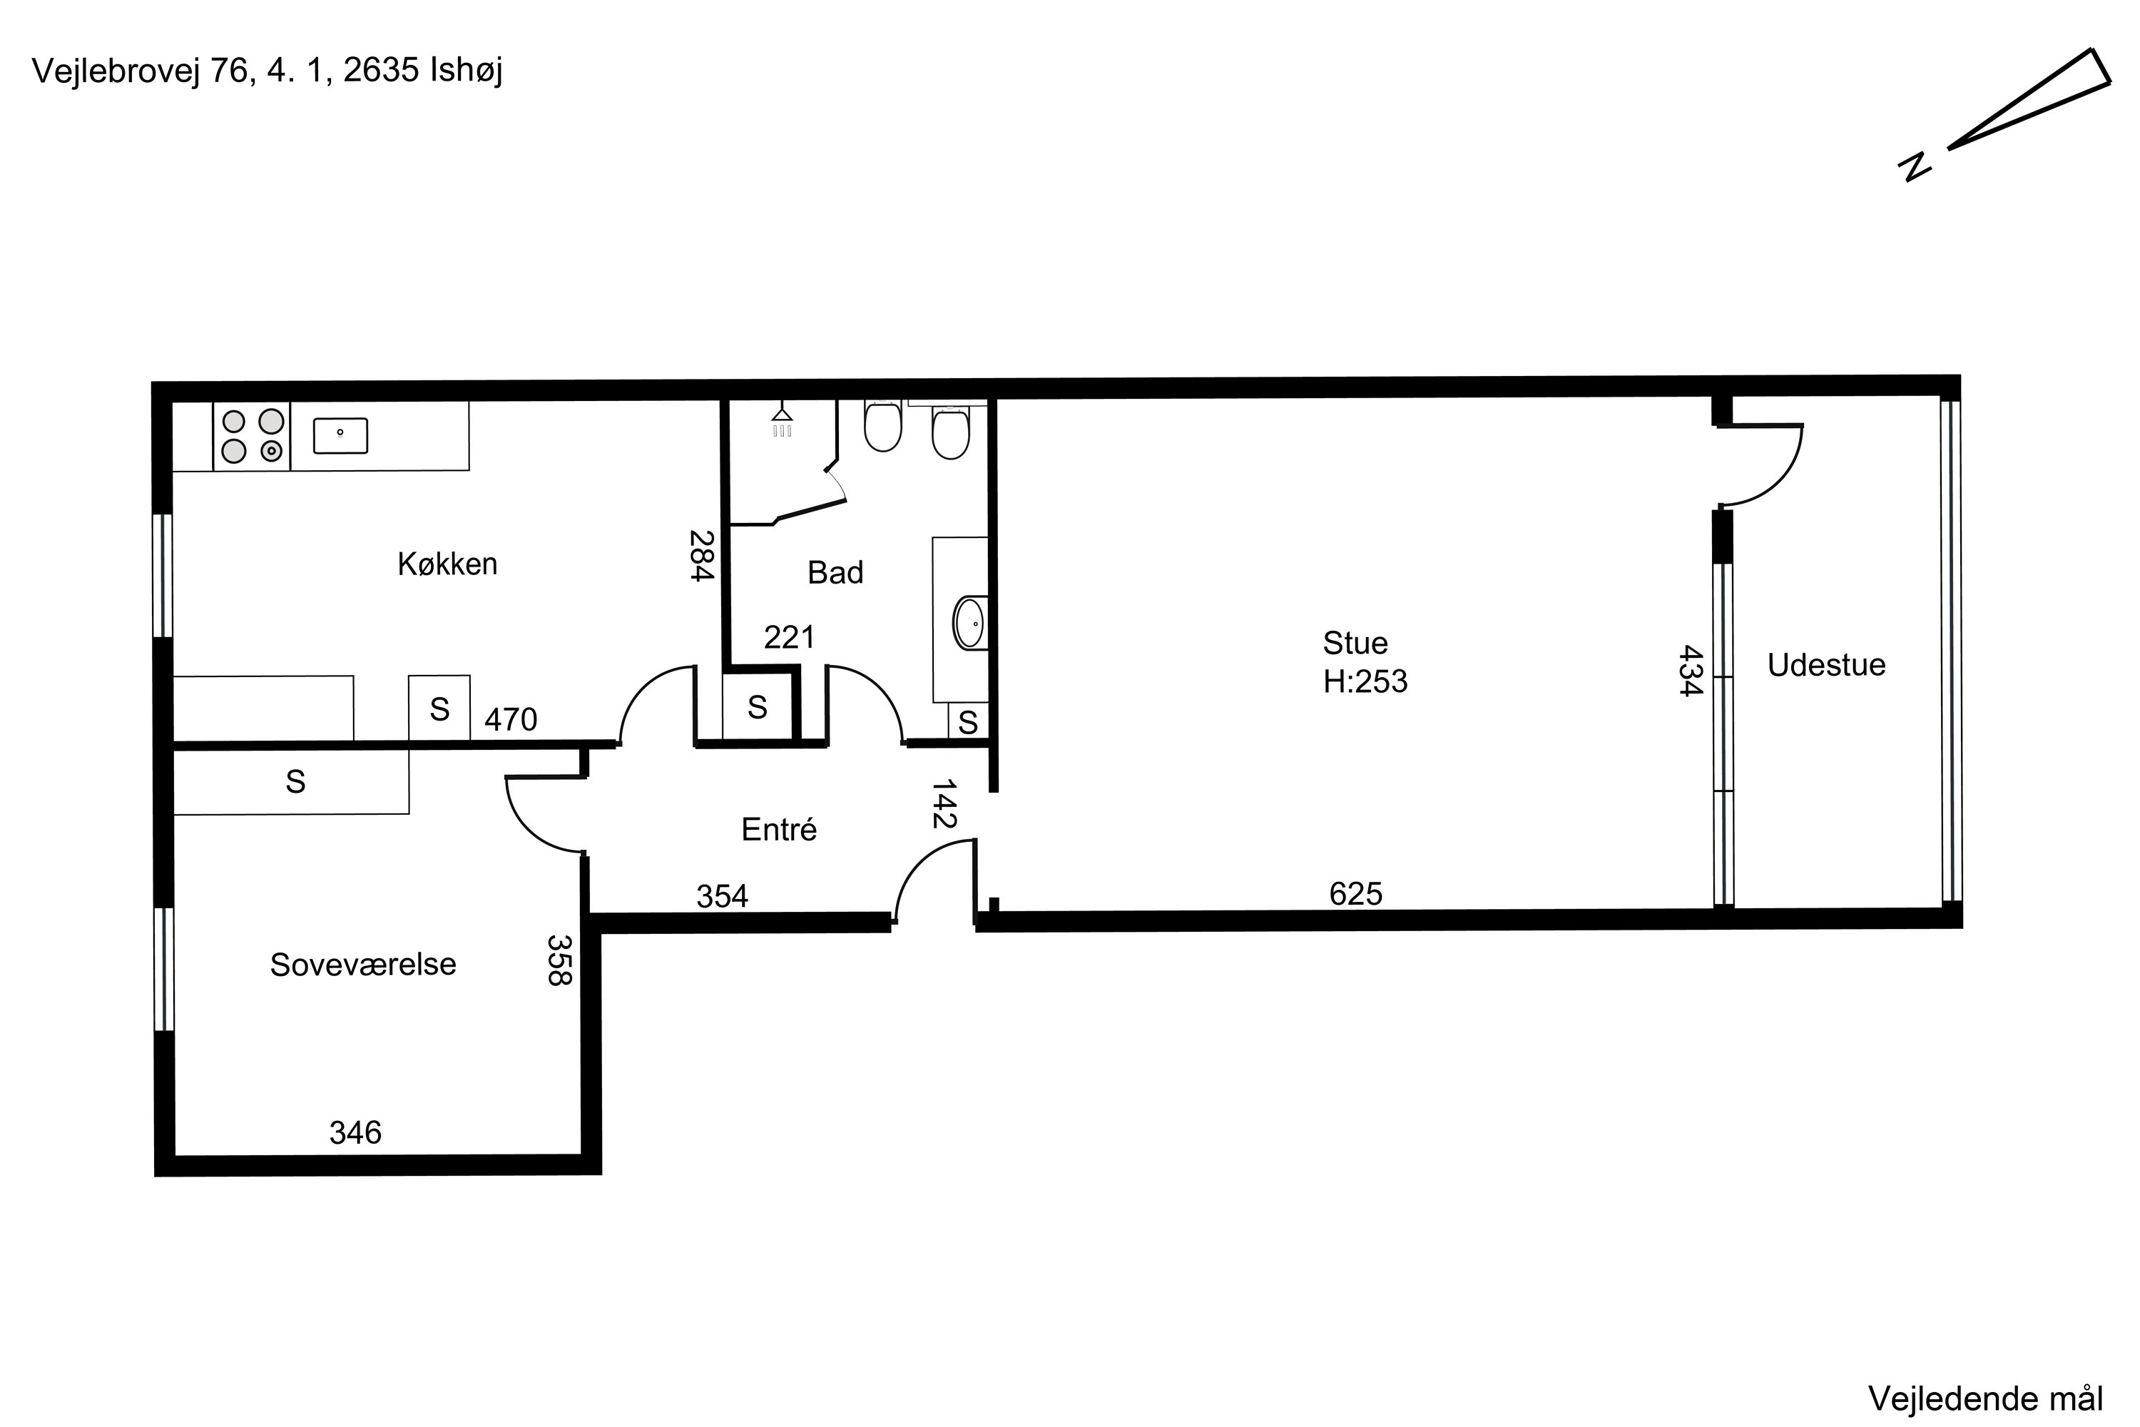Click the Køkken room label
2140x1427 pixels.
[448, 564]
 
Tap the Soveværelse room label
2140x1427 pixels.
[363, 965]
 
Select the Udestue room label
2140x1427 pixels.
[1826, 665]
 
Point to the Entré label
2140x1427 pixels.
[779, 829]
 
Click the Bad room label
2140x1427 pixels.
[835, 572]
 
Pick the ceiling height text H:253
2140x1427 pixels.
[1365, 681]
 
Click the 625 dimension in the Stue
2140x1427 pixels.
[1356, 895]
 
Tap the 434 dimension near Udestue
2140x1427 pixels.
[1690, 671]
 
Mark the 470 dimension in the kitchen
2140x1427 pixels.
[511, 720]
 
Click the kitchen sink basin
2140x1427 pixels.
[340, 436]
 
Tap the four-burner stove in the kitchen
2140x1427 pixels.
[252, 436]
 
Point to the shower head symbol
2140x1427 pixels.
[782, 420]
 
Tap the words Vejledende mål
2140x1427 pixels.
[1986, 1398]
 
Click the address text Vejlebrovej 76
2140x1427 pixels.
[141, 71]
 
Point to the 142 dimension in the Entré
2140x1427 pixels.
[944, 803]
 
